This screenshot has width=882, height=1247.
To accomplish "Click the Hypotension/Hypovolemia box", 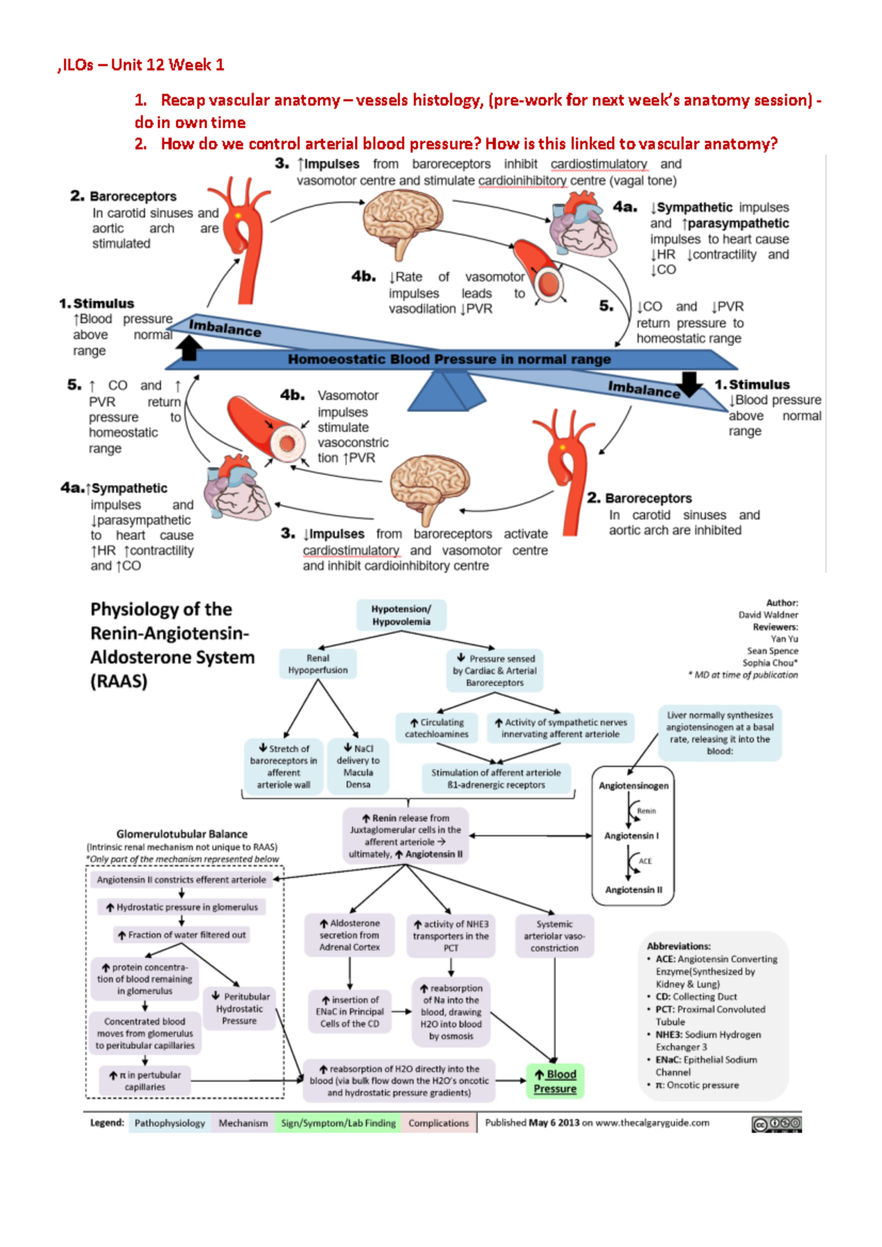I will [401, 615].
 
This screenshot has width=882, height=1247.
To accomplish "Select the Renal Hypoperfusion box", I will [318, 664].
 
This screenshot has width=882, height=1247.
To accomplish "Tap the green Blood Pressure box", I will [555, 1081].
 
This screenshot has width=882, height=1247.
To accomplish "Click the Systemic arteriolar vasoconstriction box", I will [554, 936].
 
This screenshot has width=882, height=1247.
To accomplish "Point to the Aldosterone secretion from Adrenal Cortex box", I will [350, 935].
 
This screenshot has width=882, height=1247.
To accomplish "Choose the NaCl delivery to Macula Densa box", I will [358, 766].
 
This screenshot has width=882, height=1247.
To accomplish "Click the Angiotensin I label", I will [631, 836].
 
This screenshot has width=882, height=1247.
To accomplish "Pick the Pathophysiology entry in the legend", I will [170, 1123].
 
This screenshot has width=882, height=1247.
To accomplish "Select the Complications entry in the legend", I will [438, 1123].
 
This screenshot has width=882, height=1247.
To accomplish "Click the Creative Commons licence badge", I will [776, 1123].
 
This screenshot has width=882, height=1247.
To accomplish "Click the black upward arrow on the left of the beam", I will [189, 347].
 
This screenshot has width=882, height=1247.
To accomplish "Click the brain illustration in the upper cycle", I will [403, 221].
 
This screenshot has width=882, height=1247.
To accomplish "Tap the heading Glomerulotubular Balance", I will [182, 834].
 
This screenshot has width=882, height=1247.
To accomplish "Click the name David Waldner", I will [768, 615].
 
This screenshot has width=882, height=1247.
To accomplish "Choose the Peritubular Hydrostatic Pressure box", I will [240, 1009].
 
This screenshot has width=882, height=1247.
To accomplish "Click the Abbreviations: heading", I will [678, 946].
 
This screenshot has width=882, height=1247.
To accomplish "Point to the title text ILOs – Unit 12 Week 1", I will [143, 65].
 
